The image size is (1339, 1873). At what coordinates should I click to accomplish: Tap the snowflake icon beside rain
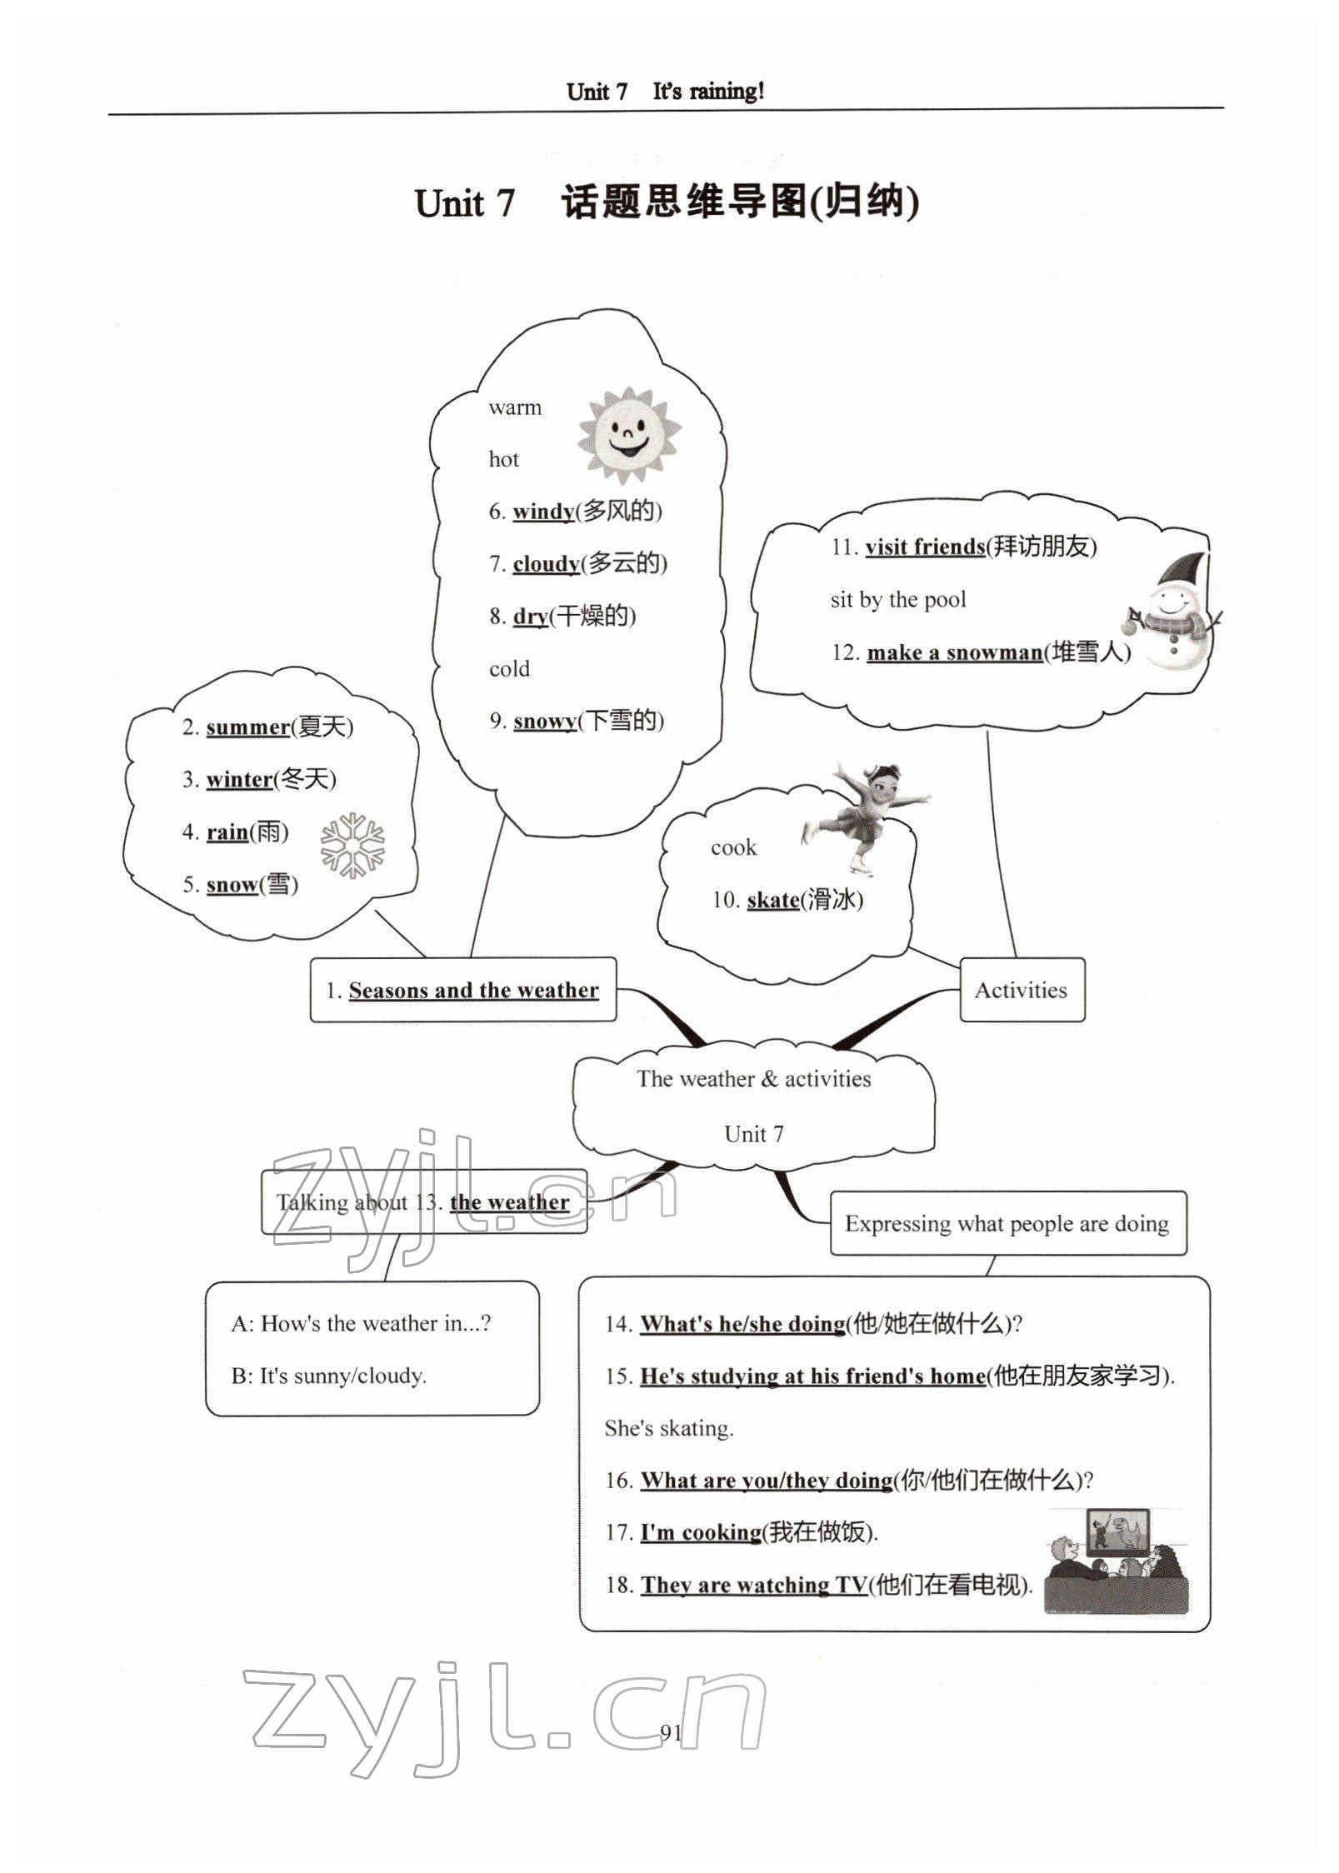point(353,845)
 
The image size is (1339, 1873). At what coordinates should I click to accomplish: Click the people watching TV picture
point(1117,1561)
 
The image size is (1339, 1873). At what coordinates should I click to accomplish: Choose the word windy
point(543,512)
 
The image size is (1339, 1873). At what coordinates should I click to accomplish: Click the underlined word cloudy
point(546,564)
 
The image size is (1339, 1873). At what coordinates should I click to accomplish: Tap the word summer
point(247,727)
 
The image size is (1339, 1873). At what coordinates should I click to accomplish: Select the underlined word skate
point(772,900)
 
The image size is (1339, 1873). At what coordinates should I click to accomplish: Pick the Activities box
point(1022,990)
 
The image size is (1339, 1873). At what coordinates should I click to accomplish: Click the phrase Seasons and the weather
point(473,991)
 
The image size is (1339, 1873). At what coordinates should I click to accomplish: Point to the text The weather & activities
point(753,1079)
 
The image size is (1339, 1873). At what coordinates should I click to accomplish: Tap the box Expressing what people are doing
point(1007,1224)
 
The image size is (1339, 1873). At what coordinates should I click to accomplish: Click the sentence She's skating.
point(669,1428)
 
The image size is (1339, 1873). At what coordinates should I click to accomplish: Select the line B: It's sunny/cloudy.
point(328,1376)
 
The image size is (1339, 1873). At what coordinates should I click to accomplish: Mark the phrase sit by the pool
point(898,600)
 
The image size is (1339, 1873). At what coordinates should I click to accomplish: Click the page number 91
point(671,1733)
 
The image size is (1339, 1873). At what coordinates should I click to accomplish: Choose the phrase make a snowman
point(954,652)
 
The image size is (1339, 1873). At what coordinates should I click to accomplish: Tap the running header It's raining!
point(707,92)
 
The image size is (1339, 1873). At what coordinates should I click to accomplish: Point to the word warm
point(515,407)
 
